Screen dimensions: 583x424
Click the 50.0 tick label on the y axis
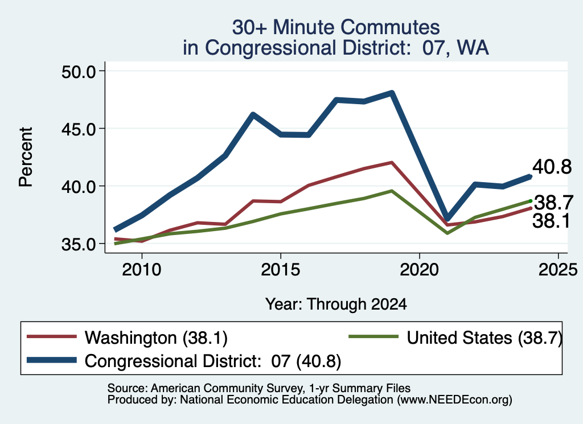[79, 71]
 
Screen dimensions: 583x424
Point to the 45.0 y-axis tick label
[79, 129]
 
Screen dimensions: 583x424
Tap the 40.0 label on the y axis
[79, 187]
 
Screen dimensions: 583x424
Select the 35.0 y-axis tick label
[79, 244]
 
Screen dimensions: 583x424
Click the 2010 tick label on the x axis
[142, 270]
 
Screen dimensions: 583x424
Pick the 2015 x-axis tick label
[280, 270]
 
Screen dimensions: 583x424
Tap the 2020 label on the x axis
[420, 270]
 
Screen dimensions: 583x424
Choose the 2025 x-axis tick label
[558, 270]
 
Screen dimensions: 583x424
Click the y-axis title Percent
[26, 157]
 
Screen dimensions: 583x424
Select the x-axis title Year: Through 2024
[336, 304]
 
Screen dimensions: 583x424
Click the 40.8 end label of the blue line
[552, 167]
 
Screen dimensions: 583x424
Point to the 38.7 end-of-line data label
[553, 203]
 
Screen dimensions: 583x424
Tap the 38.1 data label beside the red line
[551, 221]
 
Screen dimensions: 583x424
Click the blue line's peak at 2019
[392, 93]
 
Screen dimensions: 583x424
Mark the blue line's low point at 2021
[447, 219]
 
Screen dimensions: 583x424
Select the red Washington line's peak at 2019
[392, 163]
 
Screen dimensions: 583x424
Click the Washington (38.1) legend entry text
[156, 338]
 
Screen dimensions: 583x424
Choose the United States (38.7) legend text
[485, 338]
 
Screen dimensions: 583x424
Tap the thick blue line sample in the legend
[52, 360]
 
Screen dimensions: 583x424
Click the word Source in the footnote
[128, 388]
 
